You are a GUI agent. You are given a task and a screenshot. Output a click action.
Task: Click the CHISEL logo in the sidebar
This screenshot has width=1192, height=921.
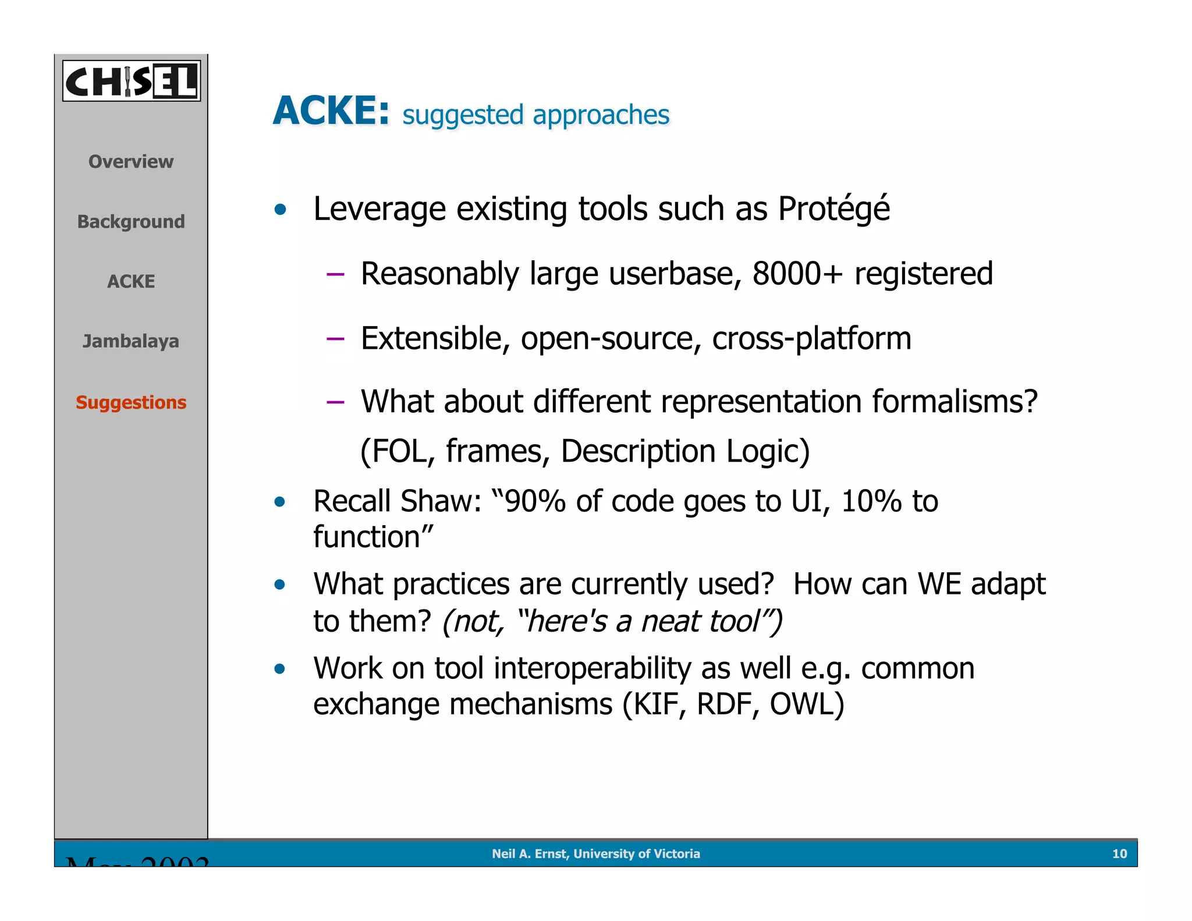pyautogui.click(x=131, y=81)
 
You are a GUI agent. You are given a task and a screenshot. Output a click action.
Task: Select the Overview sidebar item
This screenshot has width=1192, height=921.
pyautogui.click(x=131, y=161)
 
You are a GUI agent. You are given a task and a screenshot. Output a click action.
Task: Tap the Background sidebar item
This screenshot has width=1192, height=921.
pyautogui.click(x=131, y=221)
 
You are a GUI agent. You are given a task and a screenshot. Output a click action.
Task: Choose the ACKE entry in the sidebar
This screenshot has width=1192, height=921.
pyautogui.click(x=131, y=281)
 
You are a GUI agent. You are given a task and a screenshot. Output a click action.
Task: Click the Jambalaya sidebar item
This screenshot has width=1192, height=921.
pyautogui.click(x=131, y=341)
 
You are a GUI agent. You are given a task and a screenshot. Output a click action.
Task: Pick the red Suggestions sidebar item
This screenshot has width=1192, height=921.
pyautogui.click(x=131, y=402)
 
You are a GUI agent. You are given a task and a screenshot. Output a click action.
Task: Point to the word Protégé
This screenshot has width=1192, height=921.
pyautogui.click(x=833, y=209)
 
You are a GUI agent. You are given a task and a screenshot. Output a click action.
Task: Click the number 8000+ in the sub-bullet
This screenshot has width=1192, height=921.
pyautogui.click(x=797, y=274)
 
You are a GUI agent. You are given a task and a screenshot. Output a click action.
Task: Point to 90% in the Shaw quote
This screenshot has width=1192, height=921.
pyautogui.click(x=535, y=501)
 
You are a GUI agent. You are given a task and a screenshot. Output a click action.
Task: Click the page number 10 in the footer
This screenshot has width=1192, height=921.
pyautogui.click(x=1119, y=853)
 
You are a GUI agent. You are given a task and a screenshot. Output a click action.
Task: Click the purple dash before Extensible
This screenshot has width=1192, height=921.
pyautogui.click(x=335, y=338)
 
